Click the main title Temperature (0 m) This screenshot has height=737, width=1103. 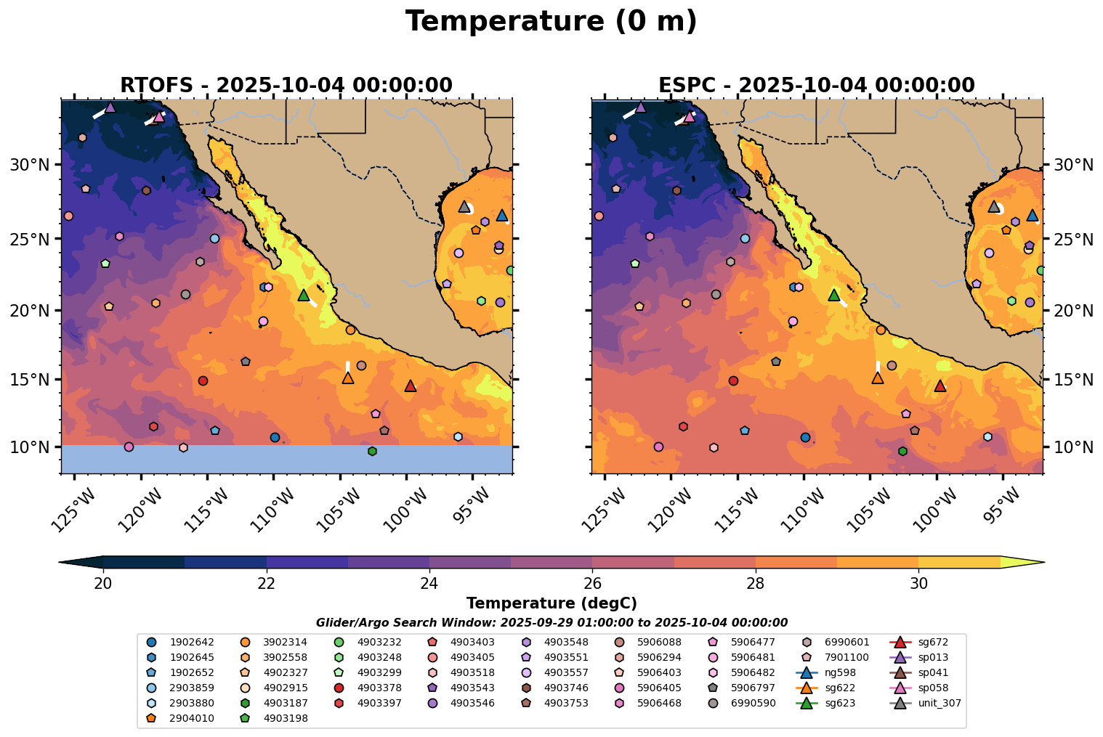(x=551, y=22)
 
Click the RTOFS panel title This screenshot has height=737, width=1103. (x=286, y=86)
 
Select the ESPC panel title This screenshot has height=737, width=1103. (x=817, y=86)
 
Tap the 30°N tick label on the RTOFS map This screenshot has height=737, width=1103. (x=29, y=166)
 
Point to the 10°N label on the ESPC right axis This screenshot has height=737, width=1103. (x=1073, y=447)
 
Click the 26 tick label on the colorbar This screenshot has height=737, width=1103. (x=593, y=584)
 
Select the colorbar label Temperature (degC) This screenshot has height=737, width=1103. (x=551, y=603)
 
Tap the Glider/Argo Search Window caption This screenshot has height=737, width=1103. (x=551, y=623)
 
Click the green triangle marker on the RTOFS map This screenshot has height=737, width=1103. (x=304, y=295)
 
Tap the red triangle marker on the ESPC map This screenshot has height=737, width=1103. (x=940, y=386)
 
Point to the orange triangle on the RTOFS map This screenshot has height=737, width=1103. (x=348, y=378)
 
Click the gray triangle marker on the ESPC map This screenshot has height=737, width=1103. (x=994, y=207)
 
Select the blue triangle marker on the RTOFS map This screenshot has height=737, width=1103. (x=502, y=216)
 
